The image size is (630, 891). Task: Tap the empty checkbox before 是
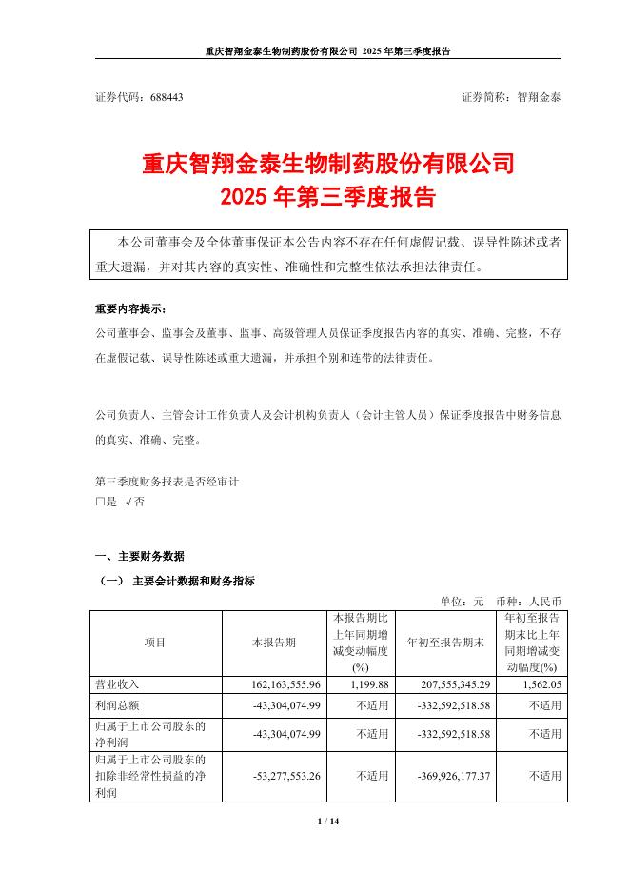(100, 501)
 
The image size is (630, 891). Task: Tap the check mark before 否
(129, 501)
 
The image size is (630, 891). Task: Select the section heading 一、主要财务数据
(140, 556)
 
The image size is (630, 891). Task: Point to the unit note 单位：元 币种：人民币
(501, 602)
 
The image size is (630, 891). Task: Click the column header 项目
(154, 643)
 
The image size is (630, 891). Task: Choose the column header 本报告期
(273, 643)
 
